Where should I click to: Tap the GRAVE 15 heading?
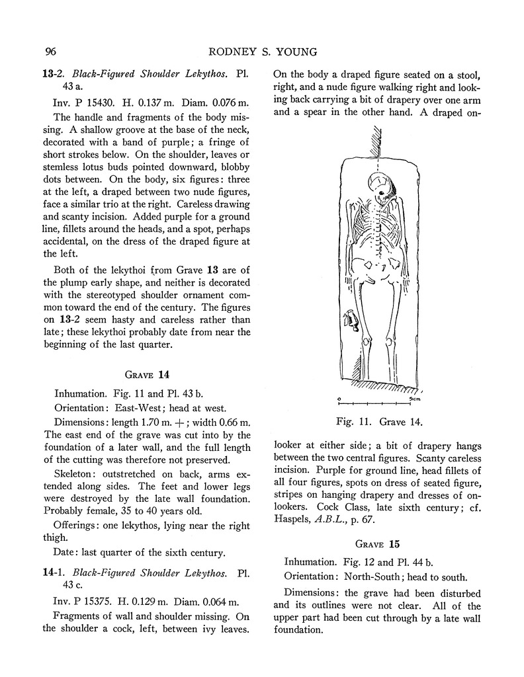click(377, 544)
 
